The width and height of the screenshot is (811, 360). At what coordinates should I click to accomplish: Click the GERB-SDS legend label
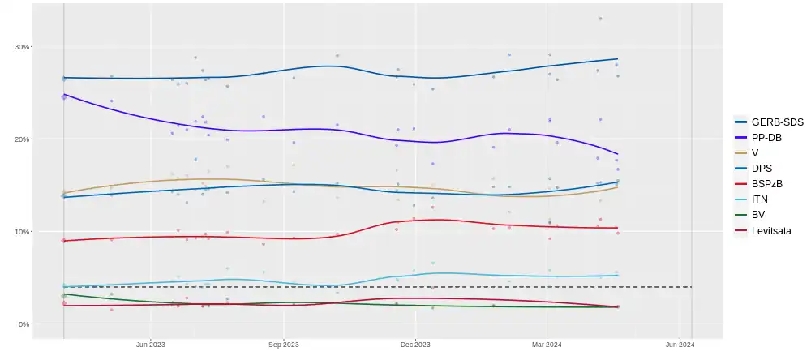[777, 122]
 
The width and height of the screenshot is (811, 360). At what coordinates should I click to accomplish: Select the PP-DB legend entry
[766, 137]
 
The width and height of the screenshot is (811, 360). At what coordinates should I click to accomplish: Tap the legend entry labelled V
[755, 152]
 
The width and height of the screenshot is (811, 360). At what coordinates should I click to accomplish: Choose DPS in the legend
[762, 168]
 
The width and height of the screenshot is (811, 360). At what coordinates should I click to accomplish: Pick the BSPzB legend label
[766, 183]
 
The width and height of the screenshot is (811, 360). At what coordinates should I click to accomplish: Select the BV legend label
[758, 215]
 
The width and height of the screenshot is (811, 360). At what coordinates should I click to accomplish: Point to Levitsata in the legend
[770, 230]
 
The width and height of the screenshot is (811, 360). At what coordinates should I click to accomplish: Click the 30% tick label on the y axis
[21, 47]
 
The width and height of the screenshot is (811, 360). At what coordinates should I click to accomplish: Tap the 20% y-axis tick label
[21, 139]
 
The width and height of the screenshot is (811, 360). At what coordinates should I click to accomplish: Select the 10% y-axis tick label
[21, 232]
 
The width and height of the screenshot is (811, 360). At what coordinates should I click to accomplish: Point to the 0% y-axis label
[24, 324]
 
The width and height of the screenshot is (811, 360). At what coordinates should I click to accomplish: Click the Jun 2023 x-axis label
[151, 345]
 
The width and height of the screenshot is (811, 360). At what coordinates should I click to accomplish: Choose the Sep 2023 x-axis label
[284, 345]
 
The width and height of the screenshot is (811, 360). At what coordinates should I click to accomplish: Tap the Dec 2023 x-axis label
[414, 345]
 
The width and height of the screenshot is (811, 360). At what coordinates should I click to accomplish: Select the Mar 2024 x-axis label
[547, 345]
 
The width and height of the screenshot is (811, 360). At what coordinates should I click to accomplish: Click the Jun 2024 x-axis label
[679, 345]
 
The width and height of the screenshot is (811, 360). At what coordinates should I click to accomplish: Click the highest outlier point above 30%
[600, 19]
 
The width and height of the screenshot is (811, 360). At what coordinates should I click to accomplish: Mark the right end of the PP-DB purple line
[618, 154]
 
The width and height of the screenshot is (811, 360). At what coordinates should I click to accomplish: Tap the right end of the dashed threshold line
[691, 287]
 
